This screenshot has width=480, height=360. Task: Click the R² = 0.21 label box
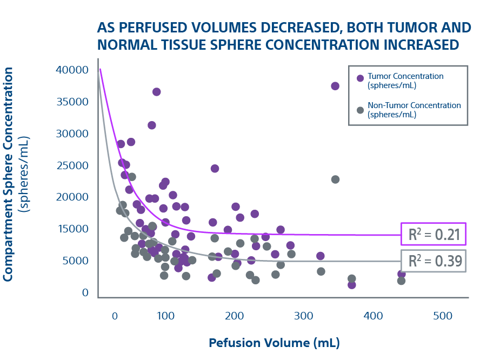point(433,234)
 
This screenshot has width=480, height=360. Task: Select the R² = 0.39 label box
point(433,261)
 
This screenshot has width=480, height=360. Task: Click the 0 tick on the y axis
point(85,292)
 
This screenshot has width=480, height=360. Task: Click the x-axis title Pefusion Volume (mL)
point(274,343)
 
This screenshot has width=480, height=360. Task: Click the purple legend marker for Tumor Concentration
point(360,78)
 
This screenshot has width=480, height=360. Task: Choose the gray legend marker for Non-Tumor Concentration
point(360,110)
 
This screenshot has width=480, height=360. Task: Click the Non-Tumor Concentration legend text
point(414,110)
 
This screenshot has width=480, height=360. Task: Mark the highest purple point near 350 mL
point(335,86)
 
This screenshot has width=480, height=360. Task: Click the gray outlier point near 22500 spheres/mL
point(335,179)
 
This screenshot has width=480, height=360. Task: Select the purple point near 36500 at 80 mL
point(156,92)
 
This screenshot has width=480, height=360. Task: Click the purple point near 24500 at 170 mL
point(215,169)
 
